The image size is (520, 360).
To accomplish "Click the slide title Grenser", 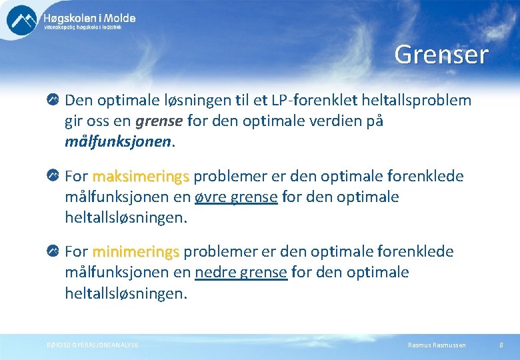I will tap(441, 55).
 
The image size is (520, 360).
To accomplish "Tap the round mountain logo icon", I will tap(22, 19).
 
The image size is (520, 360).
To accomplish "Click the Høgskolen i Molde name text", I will tap(89, 19).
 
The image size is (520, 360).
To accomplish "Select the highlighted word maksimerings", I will tap(141, 177).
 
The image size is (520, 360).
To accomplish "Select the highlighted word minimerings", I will tap(136, 252).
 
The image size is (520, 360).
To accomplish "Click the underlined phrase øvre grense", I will tap(235, 197).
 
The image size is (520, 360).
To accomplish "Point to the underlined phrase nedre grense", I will tap(241, 273).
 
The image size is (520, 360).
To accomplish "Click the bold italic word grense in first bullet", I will tap(159, 122).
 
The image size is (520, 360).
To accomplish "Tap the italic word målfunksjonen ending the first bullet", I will tap(118, 143).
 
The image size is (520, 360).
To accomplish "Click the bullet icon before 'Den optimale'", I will tap(53, 101).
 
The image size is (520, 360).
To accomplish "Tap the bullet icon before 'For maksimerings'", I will tap(53, 177).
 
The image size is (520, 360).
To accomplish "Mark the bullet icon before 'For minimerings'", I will tap(53, 252).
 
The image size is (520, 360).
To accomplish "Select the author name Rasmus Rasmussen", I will tap(437, 345).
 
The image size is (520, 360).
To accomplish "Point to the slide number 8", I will tap(501, 345).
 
